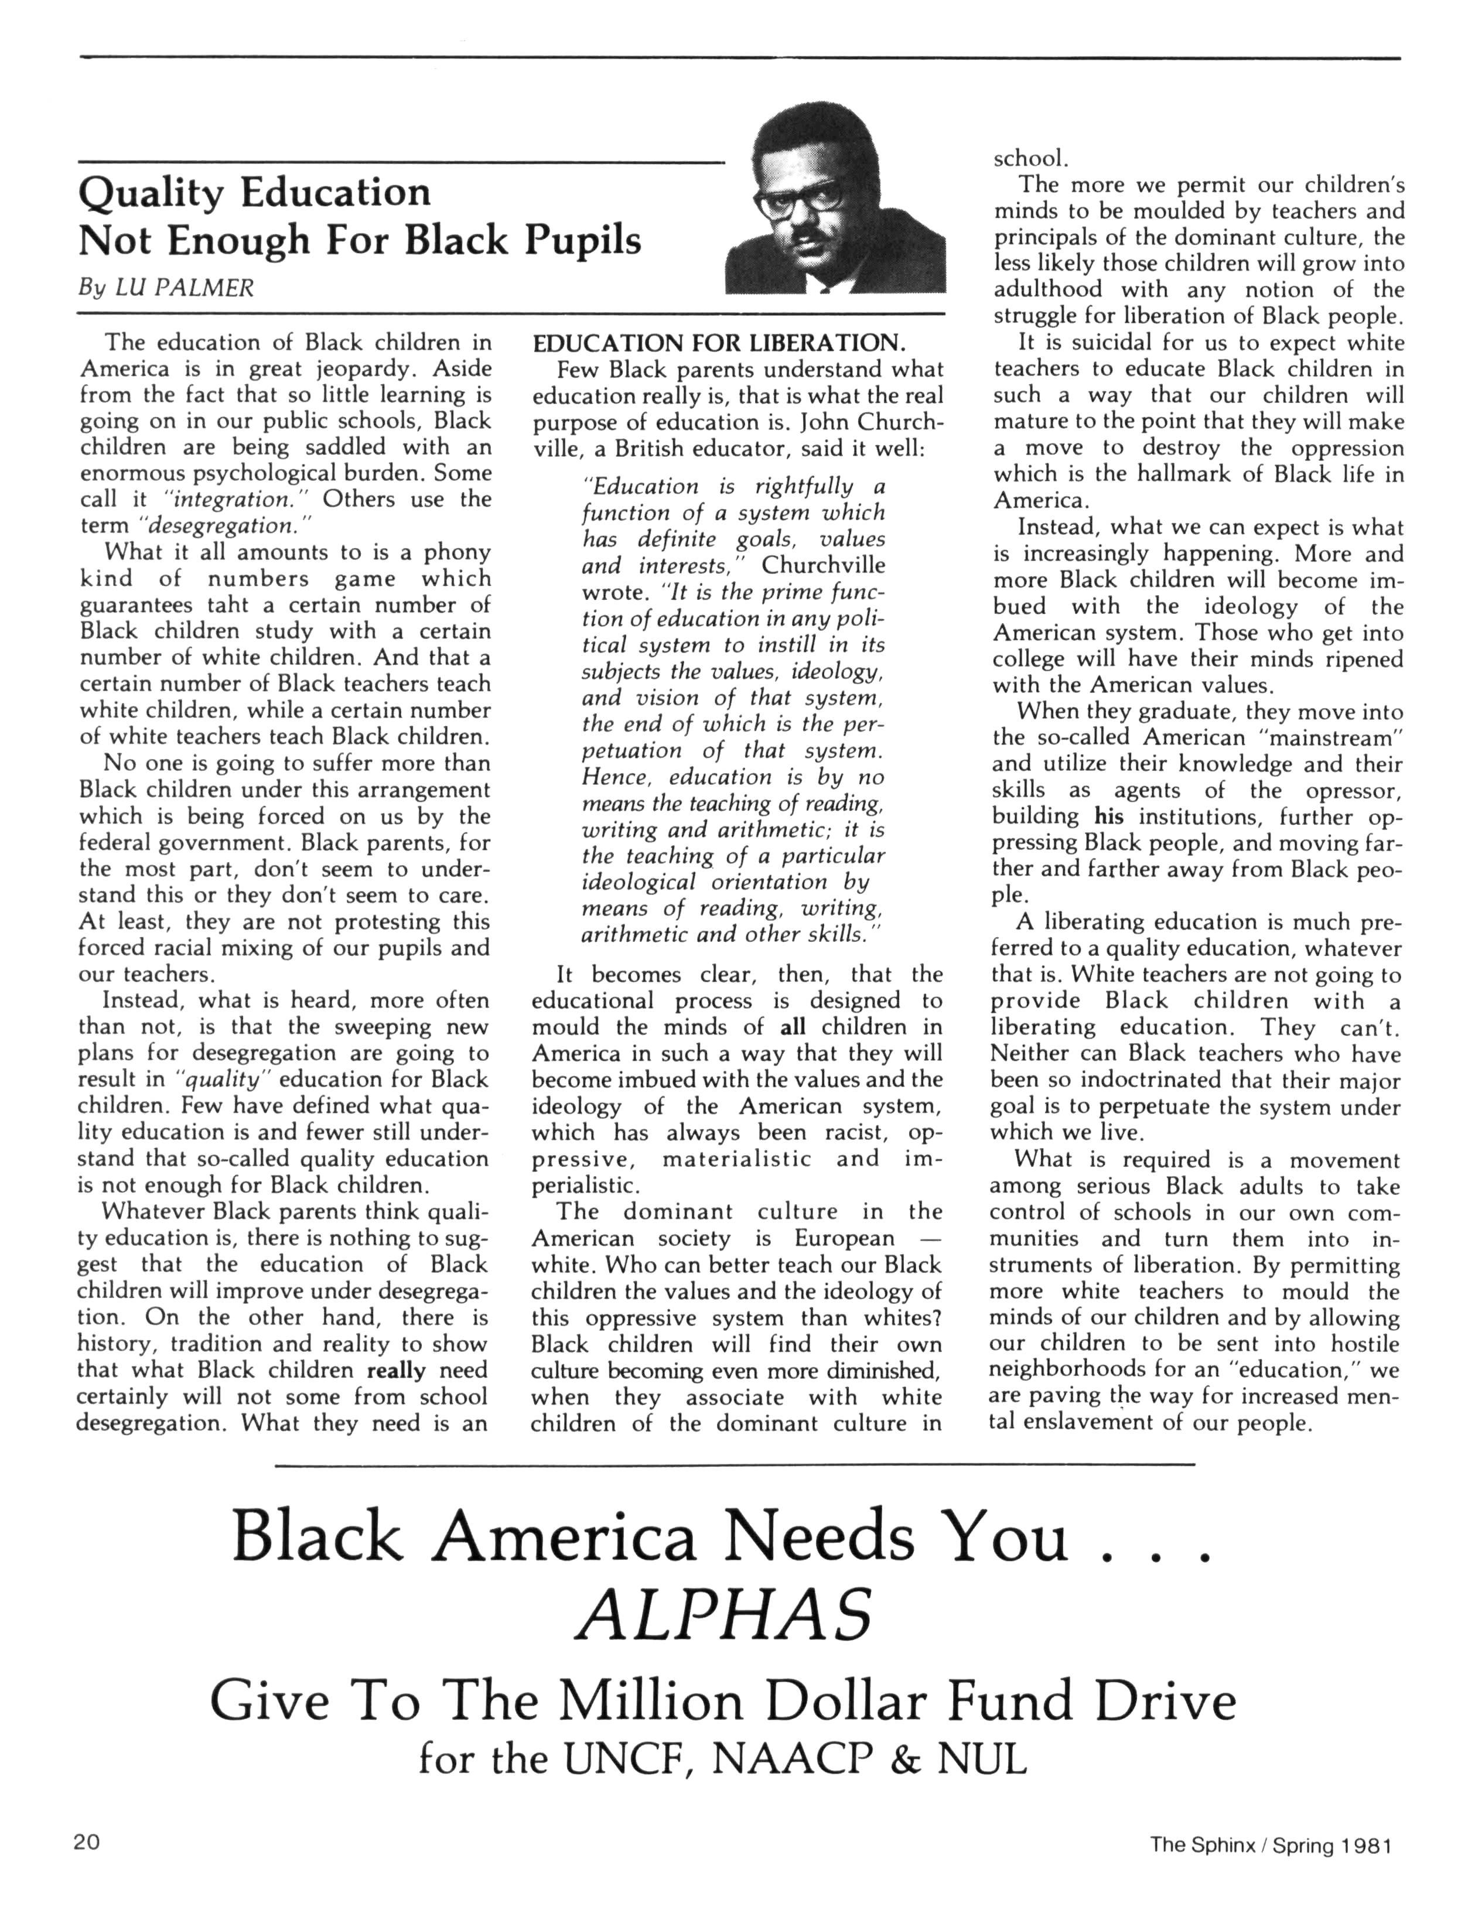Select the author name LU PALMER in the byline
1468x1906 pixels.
[184, 288]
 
